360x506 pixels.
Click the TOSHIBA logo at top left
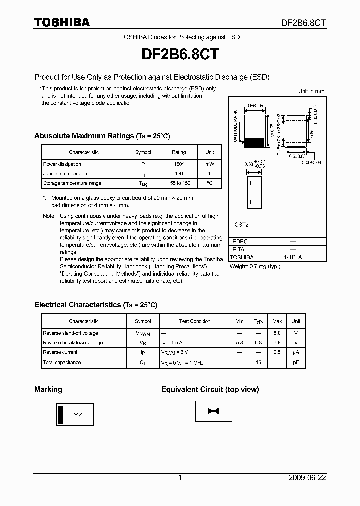point(62,23)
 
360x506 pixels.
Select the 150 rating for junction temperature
point(179,174)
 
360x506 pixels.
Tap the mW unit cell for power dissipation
point(209,164)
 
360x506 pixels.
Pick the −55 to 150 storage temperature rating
point(179,183)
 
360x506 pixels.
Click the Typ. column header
point(258,321)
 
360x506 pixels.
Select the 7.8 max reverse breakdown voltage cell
point(277,343)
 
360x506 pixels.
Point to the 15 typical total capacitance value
point(258,362)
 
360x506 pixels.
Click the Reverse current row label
point(60,352)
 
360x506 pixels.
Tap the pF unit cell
point(296,362)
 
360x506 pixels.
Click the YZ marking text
point(78,415)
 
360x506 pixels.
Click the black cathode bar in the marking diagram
point(61,415)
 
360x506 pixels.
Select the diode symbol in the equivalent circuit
point(214,411)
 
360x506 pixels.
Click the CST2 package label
point(241,225)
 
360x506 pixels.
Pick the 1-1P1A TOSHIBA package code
point(293,257)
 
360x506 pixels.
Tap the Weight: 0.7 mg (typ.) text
point(255,266)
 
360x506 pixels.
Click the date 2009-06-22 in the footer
point(307,478)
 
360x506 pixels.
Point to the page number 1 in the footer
point(180,478)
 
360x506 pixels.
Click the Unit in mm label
point(311,91)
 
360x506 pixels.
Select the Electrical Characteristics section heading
point(95,304)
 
